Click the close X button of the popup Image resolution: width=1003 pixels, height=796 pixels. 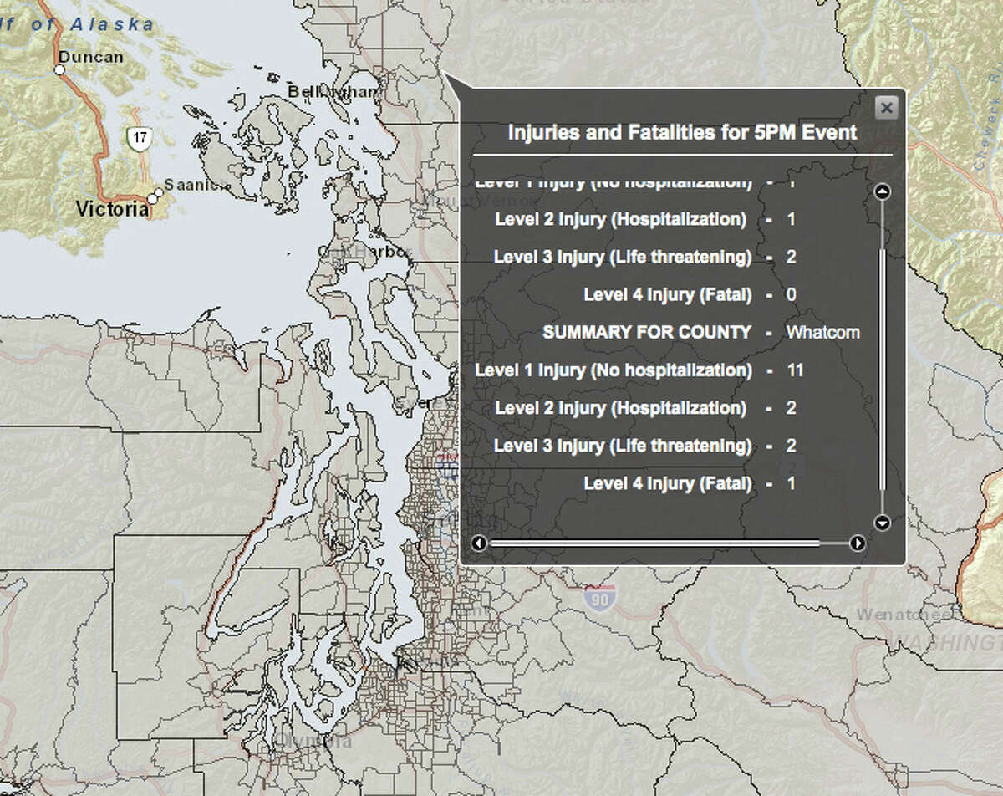(887, 107)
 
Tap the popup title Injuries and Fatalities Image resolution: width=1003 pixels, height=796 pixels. (682, 132)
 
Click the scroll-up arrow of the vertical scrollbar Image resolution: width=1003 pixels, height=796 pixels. (882, 191)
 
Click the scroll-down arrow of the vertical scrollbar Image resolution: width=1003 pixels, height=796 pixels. (882, 523)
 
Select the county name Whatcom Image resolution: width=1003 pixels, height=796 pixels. (822, 332)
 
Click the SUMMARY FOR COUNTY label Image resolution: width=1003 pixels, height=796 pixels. (647, 332)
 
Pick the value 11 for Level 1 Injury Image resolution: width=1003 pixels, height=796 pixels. (795, 370)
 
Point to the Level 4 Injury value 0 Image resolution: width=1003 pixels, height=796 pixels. (792, 294)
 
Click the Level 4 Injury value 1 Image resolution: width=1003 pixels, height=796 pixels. (791, 483)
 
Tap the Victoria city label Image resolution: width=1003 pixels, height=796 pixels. (112, 209)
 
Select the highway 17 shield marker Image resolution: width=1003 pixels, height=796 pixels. (139, 138)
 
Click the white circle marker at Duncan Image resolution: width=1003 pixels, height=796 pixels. (60, 70)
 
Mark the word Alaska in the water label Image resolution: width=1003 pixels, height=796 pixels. (112, 23)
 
